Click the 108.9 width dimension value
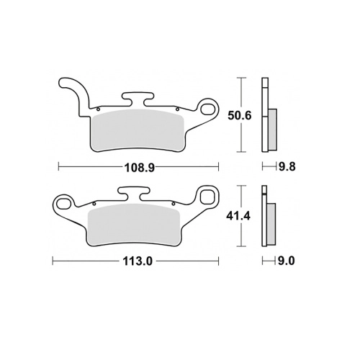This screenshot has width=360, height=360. click(139, 168)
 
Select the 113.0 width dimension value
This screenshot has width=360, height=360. click(138, 261)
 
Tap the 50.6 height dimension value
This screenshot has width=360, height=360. click(240, 116)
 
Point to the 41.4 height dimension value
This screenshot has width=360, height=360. click(239, 217)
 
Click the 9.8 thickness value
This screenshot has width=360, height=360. click(287, 166)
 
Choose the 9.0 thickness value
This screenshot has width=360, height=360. click(286, 261)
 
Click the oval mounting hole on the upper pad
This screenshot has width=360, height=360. click(208, 109)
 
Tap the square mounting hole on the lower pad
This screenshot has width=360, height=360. click(206, 197)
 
